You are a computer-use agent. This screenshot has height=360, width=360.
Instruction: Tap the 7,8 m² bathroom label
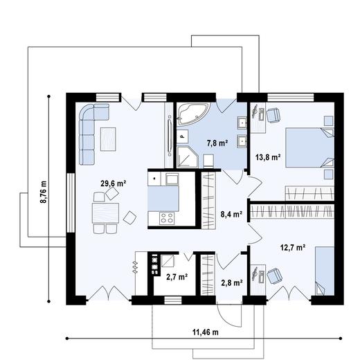(216, 143)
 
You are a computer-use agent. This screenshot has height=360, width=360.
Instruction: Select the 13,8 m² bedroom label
(267, 157)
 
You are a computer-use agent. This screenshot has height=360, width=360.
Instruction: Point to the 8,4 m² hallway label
(231, 215)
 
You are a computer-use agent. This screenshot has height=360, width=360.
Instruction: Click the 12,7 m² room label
(292, 248)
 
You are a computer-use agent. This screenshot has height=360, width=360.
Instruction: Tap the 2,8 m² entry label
(231, 282)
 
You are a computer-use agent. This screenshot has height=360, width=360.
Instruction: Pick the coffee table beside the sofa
(109, 138)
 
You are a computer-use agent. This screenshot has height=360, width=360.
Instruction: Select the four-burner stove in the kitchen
(167, 218)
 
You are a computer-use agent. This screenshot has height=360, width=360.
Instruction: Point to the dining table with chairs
(105, 212)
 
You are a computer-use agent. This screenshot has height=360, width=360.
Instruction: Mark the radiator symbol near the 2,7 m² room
(136, 264)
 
